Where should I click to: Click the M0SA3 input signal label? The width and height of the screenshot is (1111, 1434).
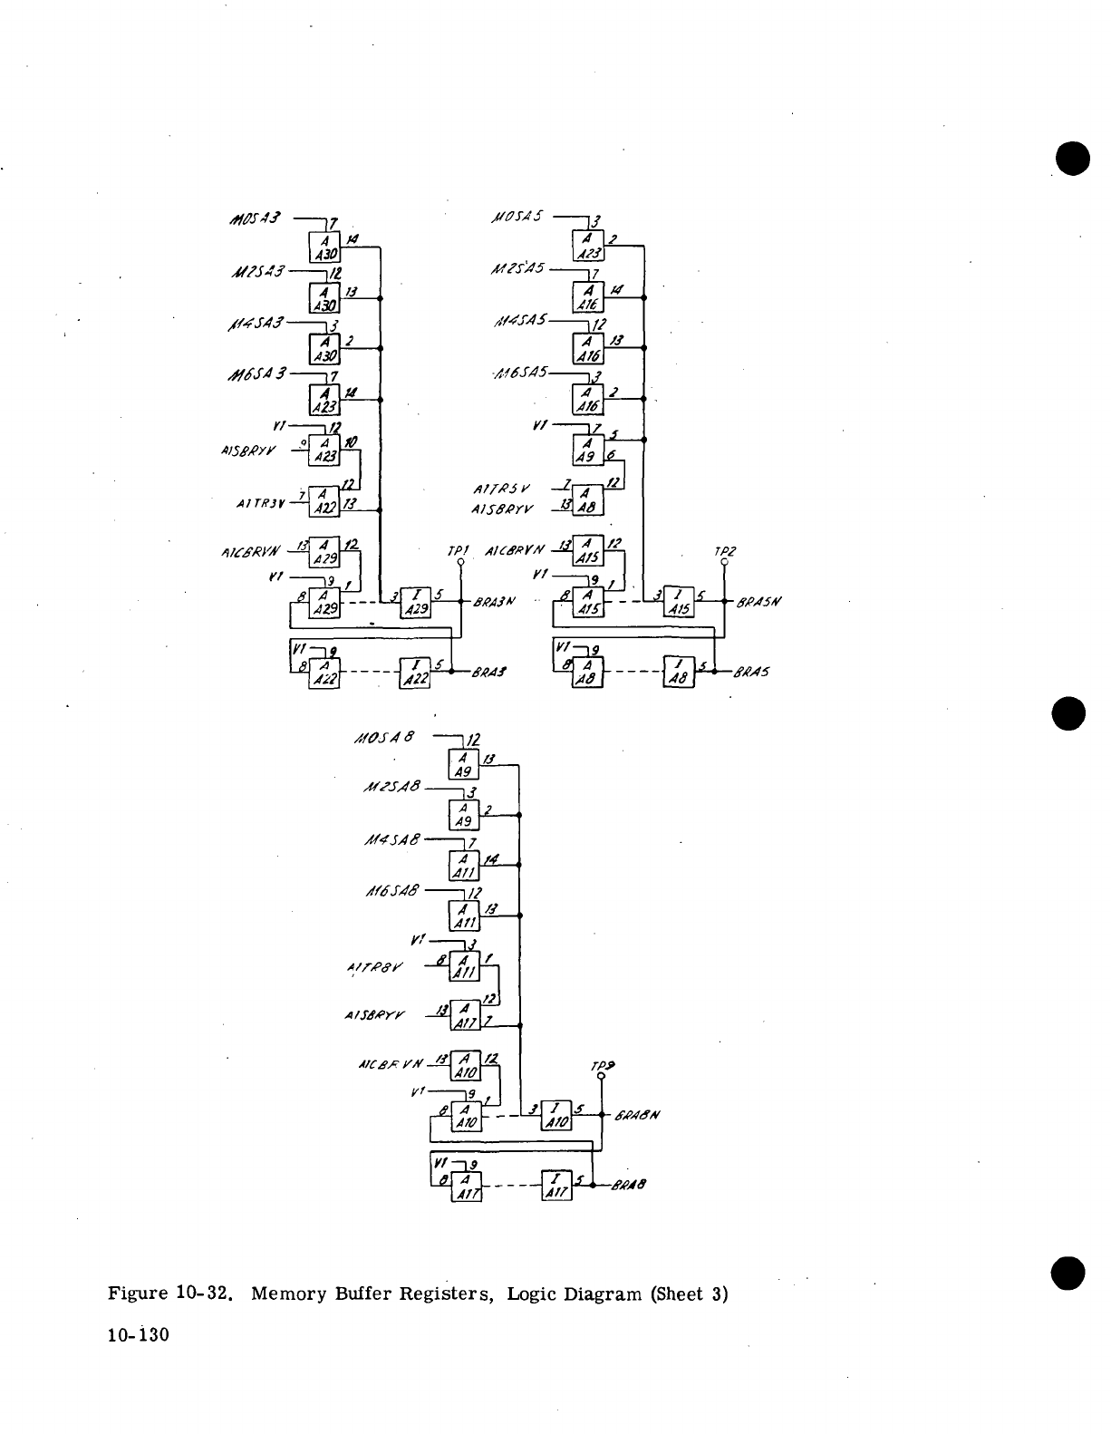pyautogui.click(x=257, y=218)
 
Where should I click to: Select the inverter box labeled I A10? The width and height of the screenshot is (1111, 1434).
pyautogui.click(x=555, y=1114)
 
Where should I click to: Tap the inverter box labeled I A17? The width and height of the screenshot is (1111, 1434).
pyautogui.click(x=555, y=1185)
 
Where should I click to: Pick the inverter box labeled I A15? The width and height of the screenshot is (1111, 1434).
pyautogui.click(x=679, y=600)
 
